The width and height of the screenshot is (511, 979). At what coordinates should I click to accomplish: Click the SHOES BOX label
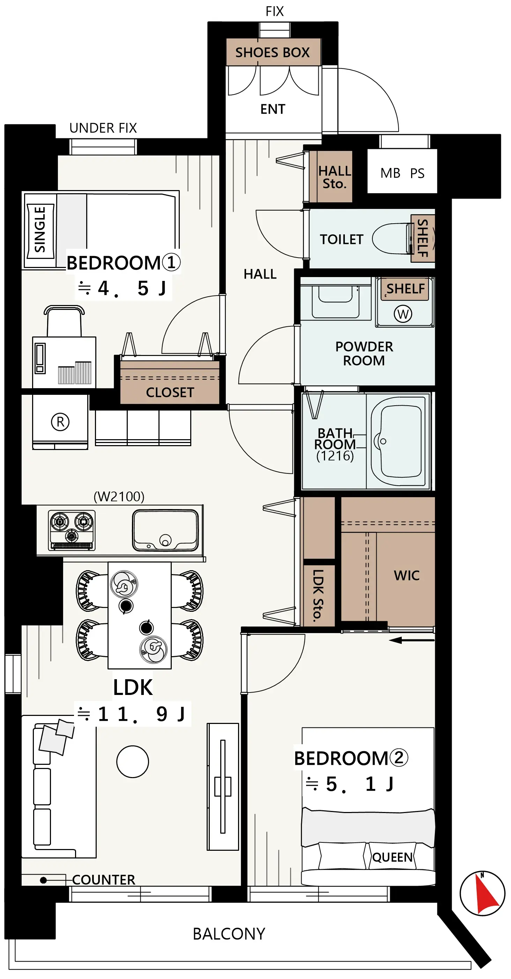(272, 52)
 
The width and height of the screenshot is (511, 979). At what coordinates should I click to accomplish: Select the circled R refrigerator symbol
(60, 421)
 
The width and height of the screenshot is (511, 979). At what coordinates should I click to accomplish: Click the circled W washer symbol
(403, 314)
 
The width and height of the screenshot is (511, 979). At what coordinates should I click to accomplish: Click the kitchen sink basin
(165, 530)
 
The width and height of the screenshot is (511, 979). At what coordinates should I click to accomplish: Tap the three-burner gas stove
(72, 530)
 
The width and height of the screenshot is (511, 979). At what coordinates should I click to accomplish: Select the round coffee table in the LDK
(133, 761)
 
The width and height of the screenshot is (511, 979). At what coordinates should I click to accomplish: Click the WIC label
(407, 575)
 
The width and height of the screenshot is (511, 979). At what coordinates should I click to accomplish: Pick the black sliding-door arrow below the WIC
(412, 640)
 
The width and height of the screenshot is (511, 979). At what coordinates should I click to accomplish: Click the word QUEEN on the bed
(392, 857)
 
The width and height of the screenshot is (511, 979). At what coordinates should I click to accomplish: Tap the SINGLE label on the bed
(40, 230)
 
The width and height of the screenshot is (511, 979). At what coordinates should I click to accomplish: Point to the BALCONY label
(229, 934)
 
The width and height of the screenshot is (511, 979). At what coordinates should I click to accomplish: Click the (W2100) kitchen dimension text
(119, 496)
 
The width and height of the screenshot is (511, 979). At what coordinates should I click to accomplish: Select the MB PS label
(402, 173)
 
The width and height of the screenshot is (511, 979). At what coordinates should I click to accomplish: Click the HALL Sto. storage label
(334, 177)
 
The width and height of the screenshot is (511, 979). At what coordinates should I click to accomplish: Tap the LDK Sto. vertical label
(318, 595)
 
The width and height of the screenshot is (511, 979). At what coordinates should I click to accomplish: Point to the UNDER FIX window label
(103, 128)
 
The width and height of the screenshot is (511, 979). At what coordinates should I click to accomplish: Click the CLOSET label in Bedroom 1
(170, 392)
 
